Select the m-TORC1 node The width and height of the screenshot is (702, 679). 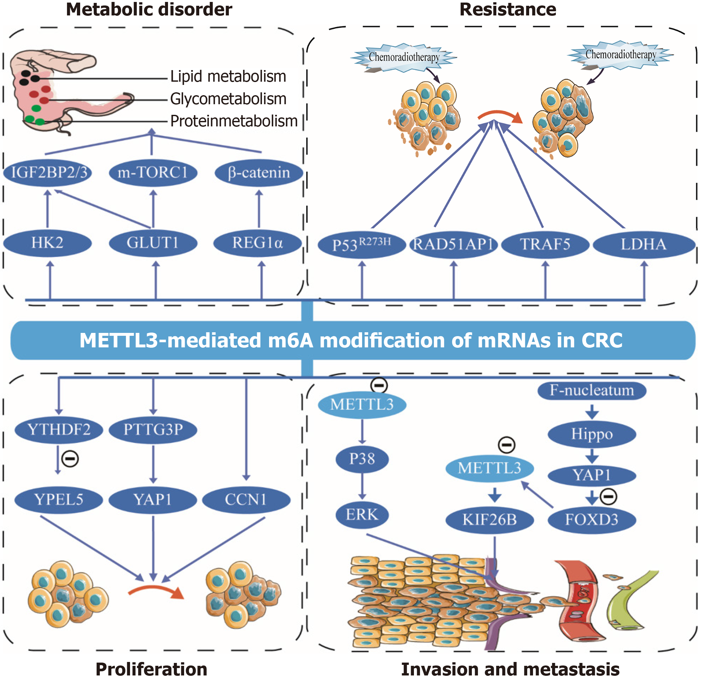tap(153, 172)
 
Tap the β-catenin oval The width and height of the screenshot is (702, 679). tap(258, 172)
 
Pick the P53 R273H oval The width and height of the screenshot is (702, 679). tap(362, 244)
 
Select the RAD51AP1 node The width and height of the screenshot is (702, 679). tap(454, 244)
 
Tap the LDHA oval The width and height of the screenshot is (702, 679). tap(644, 244)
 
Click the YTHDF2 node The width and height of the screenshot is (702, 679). tap(59, 429)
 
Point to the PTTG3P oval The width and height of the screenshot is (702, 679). tap(153, 429)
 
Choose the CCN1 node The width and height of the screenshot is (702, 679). tap(246, 500)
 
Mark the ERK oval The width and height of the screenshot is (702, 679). tap(362, 515)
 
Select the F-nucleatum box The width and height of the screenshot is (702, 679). tap(592, 390)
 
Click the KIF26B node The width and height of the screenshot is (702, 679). tap(490, 520)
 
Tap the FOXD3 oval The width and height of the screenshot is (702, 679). tap(592, 520)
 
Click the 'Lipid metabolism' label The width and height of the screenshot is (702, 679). tap(228, 77)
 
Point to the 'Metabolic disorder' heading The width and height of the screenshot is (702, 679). tap(149, 9)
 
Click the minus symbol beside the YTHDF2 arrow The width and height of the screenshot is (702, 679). tap(70, 459)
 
